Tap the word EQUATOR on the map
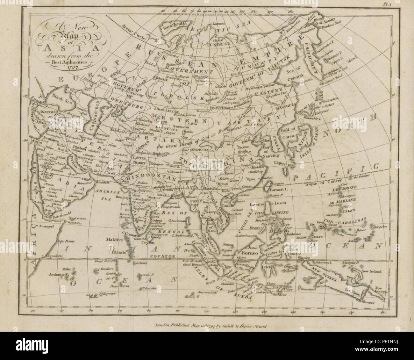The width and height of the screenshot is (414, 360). tap(164, 256)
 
